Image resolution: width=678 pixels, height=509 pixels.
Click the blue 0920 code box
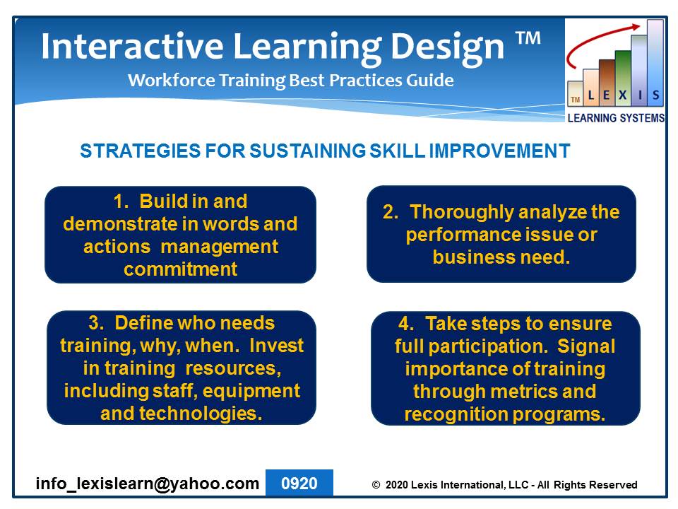(x=299, y=483)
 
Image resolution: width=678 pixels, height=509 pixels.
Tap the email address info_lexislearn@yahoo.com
(x=148, y=484)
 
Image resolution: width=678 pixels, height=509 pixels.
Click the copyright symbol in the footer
(x=376, y=485)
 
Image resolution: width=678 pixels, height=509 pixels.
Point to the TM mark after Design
(x=528, y=38)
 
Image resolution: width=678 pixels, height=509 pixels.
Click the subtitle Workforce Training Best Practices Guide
(x=290, y=81)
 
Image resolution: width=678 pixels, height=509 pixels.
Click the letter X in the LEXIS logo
(x=622, y=95)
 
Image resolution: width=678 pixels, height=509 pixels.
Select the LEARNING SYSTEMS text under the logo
(x=616, y=118)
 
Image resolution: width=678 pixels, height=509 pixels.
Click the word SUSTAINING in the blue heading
(x=307, y=151)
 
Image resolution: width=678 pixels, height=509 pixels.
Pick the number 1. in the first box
(x=121, y=201)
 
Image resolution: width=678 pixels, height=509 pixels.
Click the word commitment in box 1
(x=180, y=269)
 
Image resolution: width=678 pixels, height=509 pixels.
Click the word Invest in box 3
(x=277, y=346)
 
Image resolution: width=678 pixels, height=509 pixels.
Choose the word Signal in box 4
(x=586, y=346)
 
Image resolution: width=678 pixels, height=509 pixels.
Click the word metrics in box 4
(x=523, y=392)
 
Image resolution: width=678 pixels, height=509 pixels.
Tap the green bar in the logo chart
(x=623, y=78)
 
